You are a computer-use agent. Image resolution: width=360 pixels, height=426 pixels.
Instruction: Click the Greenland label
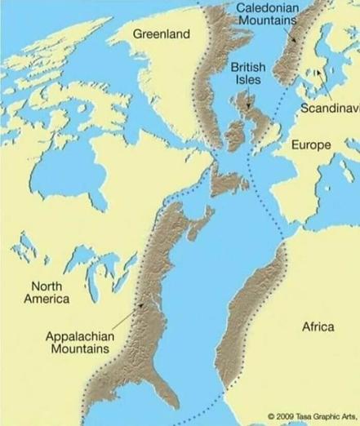point(161,33)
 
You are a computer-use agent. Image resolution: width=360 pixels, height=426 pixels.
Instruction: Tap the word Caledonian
point(267,7)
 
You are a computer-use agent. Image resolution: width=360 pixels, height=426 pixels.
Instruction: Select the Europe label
point(311,144)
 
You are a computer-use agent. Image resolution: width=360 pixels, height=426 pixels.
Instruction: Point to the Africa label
point(318,326)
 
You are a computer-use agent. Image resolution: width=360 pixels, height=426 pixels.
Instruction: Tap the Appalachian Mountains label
point(80,342)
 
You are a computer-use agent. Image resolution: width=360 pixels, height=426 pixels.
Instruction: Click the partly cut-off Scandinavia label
point(329,109)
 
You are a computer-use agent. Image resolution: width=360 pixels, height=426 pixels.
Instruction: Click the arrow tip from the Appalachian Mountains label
point(144,304)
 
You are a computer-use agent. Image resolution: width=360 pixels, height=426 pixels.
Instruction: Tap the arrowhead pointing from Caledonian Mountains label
point(295,40)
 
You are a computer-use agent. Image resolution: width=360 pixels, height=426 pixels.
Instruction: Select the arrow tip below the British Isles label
point(247,108)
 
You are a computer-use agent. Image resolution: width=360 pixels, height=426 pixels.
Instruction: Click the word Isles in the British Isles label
point(248,80)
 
